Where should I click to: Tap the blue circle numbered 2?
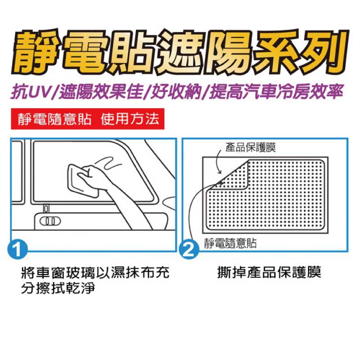coord(189,250)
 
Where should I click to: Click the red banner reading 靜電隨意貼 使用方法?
coord(88,119)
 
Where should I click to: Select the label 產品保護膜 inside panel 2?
coord(251,147)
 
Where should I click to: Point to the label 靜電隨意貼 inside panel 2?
coord(230,243)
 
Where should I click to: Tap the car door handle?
coord(50,221)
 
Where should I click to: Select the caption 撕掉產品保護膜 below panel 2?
coord(269,272)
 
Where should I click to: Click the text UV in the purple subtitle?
coord(40,92)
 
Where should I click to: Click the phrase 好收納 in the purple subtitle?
coord(176,92)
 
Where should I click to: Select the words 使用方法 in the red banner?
coord(130,119)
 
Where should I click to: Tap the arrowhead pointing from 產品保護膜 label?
coord(220,172)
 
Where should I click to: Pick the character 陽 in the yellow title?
coord(229,52)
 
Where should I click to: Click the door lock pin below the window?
coord(46,209)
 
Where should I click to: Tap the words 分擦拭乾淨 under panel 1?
coord(58,288)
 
